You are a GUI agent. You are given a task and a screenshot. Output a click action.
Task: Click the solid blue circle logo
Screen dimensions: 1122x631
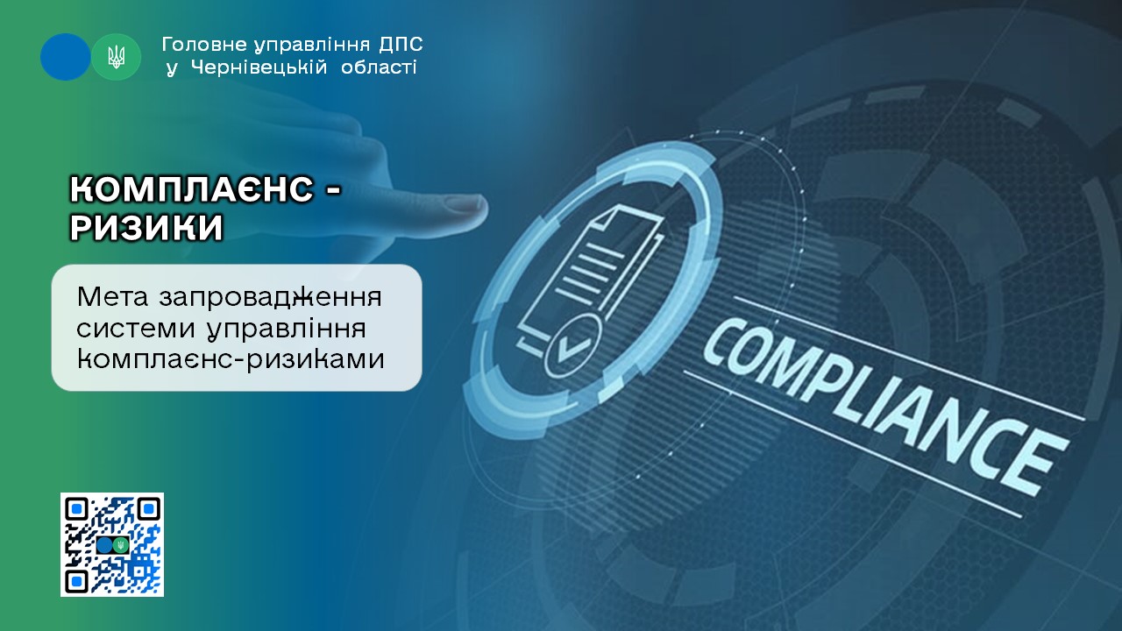coord(65,57)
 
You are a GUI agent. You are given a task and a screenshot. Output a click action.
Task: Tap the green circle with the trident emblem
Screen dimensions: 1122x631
coord(116,57)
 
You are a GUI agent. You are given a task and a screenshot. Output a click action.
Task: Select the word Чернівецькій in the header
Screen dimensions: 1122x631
coord(259,67)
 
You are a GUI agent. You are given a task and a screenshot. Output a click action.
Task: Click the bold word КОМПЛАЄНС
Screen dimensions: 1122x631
coord(192,190)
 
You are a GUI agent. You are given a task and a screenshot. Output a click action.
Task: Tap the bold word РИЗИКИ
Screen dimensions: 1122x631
coord(146,229)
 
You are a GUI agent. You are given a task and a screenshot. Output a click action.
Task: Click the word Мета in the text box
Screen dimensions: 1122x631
coord(113,296)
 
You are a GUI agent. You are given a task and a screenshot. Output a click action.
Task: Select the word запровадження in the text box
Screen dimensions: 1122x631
coord(271,298)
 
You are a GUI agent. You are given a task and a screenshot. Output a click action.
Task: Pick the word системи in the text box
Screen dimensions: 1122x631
coord(136,329)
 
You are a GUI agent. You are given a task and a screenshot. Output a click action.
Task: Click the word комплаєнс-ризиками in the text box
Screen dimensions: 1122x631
coord(231,358)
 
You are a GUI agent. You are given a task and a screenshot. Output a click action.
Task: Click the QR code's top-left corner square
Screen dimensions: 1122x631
coord(77,510)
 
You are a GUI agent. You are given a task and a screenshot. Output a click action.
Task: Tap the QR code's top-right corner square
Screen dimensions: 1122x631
coord(148,510)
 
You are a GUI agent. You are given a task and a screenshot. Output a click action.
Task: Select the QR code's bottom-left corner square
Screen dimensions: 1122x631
coord(77,581)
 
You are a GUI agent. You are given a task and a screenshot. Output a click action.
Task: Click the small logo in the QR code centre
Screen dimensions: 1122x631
coord(113,545)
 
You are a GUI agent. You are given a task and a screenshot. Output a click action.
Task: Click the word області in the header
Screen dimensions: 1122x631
coord(379,67)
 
